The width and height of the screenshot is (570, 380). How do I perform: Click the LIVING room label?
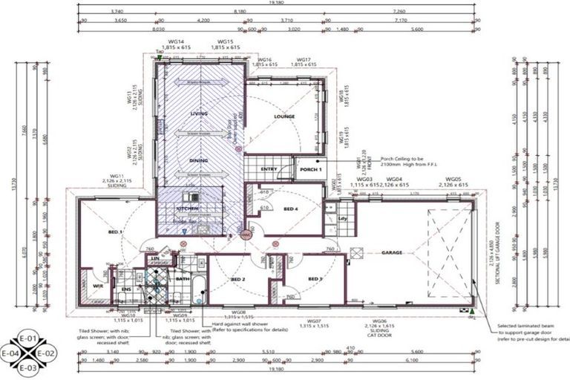tap(199, 114)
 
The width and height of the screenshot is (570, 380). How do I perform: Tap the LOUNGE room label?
tap(284, 117)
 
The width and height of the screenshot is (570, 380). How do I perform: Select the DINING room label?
tap(199, 160)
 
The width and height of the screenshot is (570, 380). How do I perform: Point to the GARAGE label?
tap(392, 252)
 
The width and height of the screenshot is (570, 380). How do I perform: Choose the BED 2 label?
tap(238, 279)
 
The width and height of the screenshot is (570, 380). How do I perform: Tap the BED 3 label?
tap(314, 279)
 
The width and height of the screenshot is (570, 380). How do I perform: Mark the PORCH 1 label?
tap(310, 169)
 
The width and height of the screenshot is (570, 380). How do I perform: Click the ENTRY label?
tap(269, 169)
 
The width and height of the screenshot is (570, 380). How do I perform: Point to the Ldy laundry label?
tap(343, 219)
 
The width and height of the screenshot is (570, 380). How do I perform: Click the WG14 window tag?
tap(176, 42)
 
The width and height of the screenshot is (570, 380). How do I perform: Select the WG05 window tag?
tap(453, 180)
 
